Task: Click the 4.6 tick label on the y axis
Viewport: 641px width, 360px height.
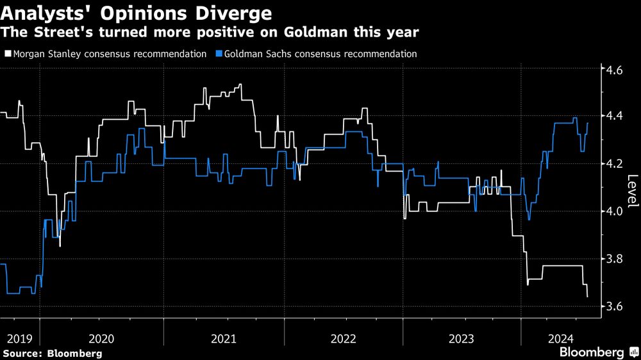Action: pyautogui.click(x=614, y=70)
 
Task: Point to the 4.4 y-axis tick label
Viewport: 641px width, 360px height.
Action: pyautogui.click(x=614, y=116)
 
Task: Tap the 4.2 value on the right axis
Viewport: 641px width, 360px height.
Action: pyautogui.click(x=614, y=164)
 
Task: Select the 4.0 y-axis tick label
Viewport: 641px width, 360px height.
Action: pyautogui.click(x=614, y=211)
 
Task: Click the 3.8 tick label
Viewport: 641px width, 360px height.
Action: pyautogui.click(x=614, y=259)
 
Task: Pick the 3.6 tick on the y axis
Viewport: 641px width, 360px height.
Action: pyautogui.click(x=614, y=306)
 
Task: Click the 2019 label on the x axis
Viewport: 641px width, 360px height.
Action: pyautogui.click(x=20, y=339)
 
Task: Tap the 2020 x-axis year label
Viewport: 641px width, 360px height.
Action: pyautogui.click(x=101, y=339)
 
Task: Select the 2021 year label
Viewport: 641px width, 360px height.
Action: pyautogui.click(x=224, y=339)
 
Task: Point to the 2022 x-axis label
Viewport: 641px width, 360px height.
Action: pyautogui.click(x=344, y=339)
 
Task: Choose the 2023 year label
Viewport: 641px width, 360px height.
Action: pyautogui.click(x=462, y=339)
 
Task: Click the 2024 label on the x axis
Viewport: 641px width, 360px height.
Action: pyautogui.click(x=562, y=339)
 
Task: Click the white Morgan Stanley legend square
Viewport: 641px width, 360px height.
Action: pyautogui.click(x=8, y=54)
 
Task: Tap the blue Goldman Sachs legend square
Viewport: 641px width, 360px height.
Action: pyautogui.click(x=219, y=54)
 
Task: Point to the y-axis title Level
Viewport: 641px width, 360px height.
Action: pyautogui.click(x=632, y=190)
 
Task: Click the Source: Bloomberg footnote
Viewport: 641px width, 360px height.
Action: pyautogui.click(x=53, y=354)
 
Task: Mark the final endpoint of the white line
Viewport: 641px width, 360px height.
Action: pyautogui.click(x=587, y=297)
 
